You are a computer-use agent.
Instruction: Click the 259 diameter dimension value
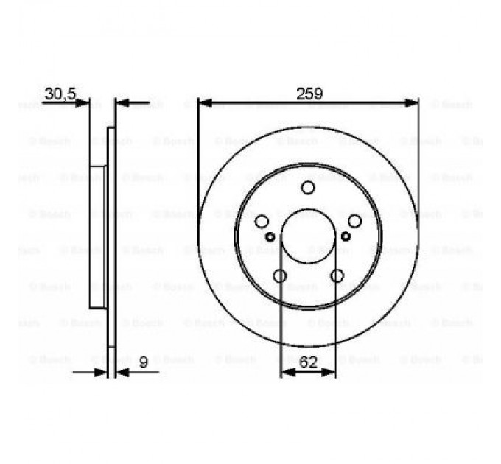(309, 94)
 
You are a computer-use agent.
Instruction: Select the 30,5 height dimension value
(60, 94)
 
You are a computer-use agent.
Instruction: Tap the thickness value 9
(143, 362)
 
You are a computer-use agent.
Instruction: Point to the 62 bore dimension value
(309, 362)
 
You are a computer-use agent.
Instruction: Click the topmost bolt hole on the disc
(308, 188)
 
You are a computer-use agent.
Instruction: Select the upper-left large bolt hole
(262, 221)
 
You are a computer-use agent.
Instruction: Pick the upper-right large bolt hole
(354, 221)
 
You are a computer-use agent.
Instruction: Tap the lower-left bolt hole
(279, 275)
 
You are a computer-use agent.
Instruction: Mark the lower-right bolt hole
(337, 275)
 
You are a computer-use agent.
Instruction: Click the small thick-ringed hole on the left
(270, 236)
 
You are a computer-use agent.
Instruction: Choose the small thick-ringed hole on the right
(346, 236)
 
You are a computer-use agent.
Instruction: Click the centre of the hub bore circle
(308, 236)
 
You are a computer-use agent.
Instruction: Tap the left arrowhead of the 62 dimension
(286, 373)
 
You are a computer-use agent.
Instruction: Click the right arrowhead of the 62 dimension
(331, 373)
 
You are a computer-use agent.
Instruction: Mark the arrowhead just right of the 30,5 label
(83, 102)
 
